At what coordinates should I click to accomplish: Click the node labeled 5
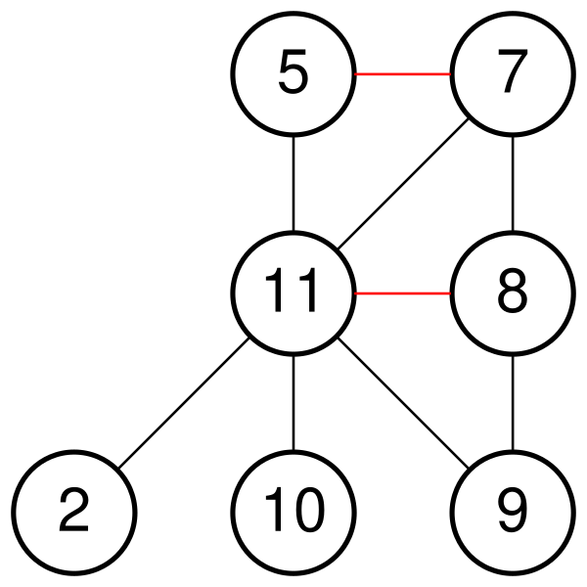pyautogui.click(x=293, y=74)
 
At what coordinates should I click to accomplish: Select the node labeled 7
pyautogui.click(x=513, y=74)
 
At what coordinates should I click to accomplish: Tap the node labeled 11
pyautogui.click(x=293, y=293)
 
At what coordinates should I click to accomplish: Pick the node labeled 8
pyautogui.click(x=513, y=293)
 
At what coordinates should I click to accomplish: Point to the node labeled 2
pyautogui.click(x=74, y=513)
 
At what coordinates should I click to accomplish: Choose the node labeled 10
pyautogui.click(x=293, y=513)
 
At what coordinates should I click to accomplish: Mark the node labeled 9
pyautogui.click(x=513, y=513)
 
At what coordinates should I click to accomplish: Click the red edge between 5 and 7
pyautogui.click(x=403, y=74)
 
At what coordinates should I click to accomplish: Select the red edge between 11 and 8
pyautogui.click(x=403, y=293)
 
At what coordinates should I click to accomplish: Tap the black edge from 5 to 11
pyautogui.click(x=293, y=184)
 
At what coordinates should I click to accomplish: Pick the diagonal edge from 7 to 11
pyautogui.click(x=403, y=184)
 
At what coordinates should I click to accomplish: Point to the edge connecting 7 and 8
pyautogui.click(x=513, y=184)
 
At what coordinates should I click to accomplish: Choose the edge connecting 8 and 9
pyautogui.click(x=513, y=403)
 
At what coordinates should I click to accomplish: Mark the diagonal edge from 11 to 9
pyautogui.click(x=403, y=403)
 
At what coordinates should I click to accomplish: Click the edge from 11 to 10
pyautogui.click(x=293, y=403)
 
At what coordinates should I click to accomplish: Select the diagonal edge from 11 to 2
pyautogui.click(x=184, y=403)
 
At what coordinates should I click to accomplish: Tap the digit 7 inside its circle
pyautogui.click(x=513, y=71)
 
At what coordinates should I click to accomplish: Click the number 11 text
pyautogui.click(x=292, y=291)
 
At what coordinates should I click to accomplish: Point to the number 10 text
pyautogui.click(x=294, y=510)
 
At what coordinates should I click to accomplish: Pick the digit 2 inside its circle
pyautogui.click(x=73, y=510)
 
